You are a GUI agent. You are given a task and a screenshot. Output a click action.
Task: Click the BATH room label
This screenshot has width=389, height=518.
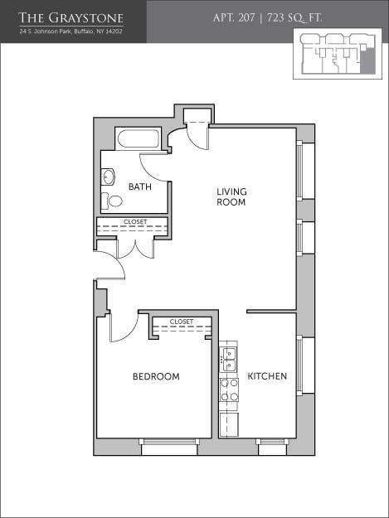(139, 186)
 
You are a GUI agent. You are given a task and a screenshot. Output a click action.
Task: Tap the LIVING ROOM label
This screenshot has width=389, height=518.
(231, 196)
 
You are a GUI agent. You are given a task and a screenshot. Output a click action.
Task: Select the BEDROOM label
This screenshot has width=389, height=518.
(156, 376)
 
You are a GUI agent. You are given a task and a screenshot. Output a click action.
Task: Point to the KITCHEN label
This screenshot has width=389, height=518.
(267, 376)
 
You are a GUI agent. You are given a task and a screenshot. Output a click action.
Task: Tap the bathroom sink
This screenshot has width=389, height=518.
(108, 176)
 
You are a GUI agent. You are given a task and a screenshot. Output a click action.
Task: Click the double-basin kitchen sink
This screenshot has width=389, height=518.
(229, 360)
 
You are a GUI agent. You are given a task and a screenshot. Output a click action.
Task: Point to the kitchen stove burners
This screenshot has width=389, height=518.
(229, 390)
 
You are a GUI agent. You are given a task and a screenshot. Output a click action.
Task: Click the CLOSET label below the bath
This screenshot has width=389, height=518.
(135, 221)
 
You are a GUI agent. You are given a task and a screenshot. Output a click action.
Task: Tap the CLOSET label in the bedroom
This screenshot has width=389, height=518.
(181, 321)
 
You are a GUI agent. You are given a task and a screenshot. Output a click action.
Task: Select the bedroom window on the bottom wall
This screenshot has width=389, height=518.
(169, 448)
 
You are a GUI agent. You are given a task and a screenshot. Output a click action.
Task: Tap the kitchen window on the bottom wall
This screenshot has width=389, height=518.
(272, 448)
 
